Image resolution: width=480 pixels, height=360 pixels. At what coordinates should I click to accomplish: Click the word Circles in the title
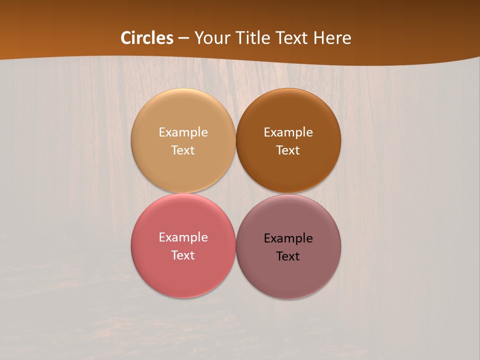[x=147, y=38]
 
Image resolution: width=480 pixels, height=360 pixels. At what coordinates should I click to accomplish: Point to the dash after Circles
[x=183, y=38]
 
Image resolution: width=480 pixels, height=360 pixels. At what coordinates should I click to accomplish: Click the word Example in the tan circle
[x=183, y=132]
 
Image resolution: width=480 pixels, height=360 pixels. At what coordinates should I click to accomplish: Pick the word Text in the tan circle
[x=183, y=150]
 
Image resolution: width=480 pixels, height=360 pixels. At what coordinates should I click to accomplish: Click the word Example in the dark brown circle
[x=288, y=132]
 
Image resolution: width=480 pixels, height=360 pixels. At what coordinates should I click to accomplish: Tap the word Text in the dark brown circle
[x=288, y=150]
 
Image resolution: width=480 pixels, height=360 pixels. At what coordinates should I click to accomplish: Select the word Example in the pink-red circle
[x=183, y=237]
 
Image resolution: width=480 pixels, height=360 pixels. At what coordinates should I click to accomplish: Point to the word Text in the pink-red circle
[x=183, y=255]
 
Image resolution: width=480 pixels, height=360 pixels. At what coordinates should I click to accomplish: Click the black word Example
[x=288, y=238]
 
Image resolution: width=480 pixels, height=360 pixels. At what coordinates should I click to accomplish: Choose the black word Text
[x=288, y=256]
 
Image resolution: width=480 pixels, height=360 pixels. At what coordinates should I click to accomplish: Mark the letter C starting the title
[x=126, y=38]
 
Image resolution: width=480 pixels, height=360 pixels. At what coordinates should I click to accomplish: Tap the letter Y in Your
[x=198, y=38]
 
